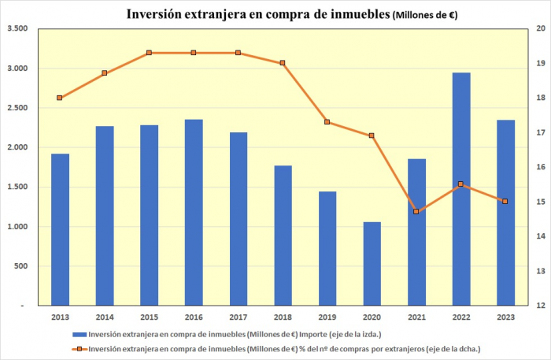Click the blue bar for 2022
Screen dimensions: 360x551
point(461,189)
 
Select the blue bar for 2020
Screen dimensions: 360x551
point(372,263)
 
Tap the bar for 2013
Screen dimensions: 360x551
point(60,229)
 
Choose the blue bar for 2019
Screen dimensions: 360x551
point(327,248)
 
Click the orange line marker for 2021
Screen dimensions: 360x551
point(416,212)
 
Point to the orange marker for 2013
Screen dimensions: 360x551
point(60,98)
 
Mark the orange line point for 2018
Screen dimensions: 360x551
point(283,63)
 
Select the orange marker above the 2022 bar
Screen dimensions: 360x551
point(461,184)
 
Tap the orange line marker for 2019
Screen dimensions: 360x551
point(327,122)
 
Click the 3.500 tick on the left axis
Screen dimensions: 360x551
point(17,28)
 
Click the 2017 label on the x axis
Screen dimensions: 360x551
point(239,317)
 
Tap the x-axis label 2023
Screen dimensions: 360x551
point(505,317)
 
